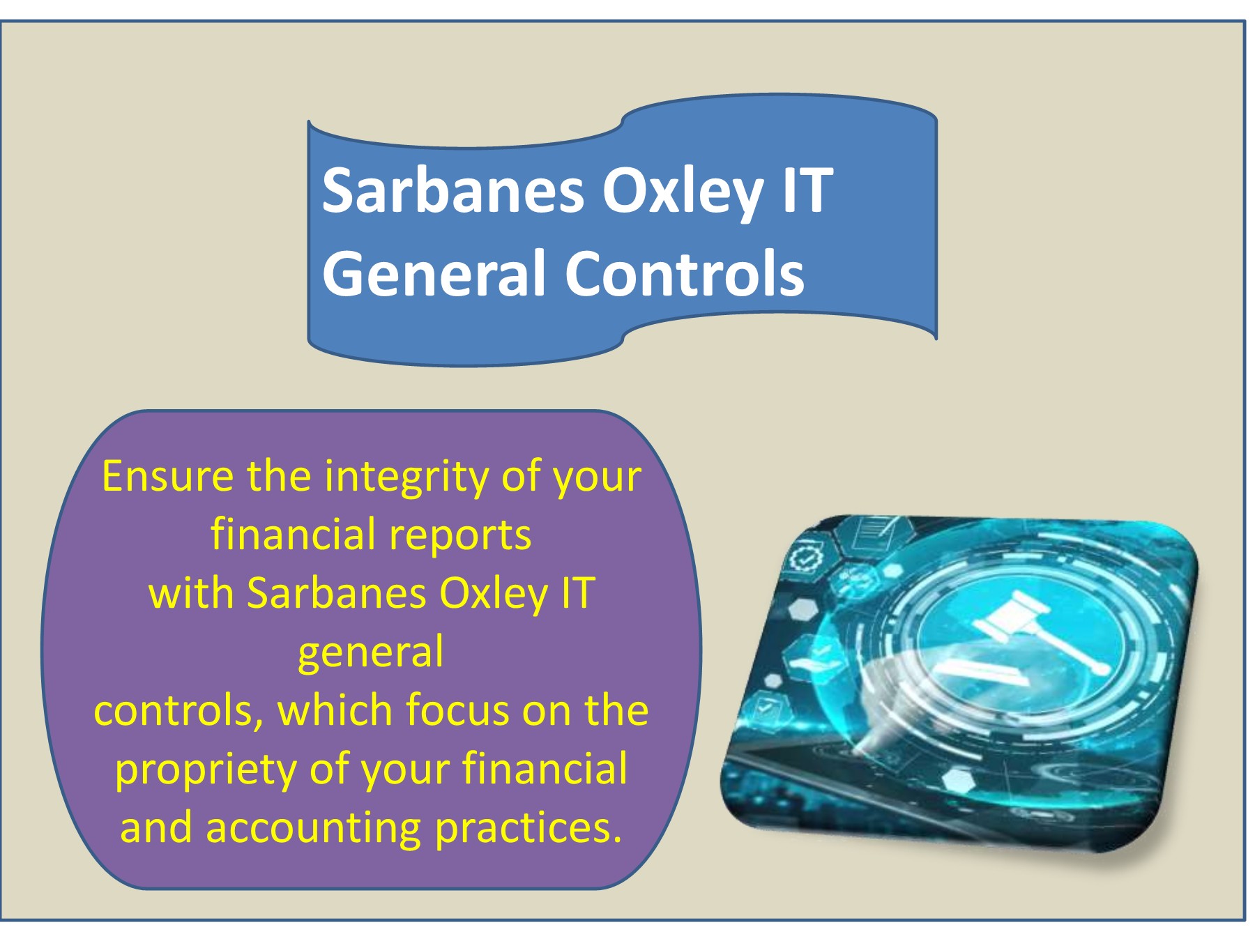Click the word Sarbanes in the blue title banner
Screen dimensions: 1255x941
pos(453,190)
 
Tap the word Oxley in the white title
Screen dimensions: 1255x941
pos(683,192)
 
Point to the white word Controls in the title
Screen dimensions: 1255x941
pos(685,273)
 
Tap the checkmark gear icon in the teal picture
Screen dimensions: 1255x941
pos(806,558)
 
